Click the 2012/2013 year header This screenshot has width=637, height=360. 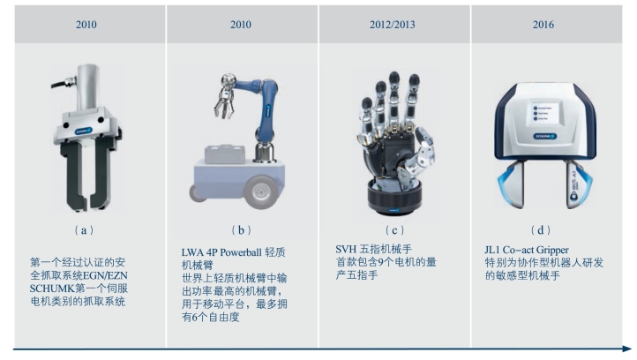(x=392, y=25)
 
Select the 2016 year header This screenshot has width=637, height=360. (x=543, y=25)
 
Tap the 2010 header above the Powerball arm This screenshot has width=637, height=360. (x=241, y=25)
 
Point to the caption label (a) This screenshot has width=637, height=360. (x=84, y=230)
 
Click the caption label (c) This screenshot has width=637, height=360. (x=394, y=230)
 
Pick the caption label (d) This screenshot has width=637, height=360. (x=540, y=230)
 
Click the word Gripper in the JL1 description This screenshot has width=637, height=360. (x=552, y=250)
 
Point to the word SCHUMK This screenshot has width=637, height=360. (x=52, y=289)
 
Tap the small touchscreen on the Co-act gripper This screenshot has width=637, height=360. (x=544, y=113)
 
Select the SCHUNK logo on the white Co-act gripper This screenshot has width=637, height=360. (x=544, y=136)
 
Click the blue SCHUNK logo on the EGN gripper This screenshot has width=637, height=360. (x=83, y=131)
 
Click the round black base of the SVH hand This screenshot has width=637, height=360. (x=394, y=199)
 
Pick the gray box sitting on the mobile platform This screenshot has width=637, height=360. (x=225, y=154)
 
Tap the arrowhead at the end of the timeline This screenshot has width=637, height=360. (x=626, y=349)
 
